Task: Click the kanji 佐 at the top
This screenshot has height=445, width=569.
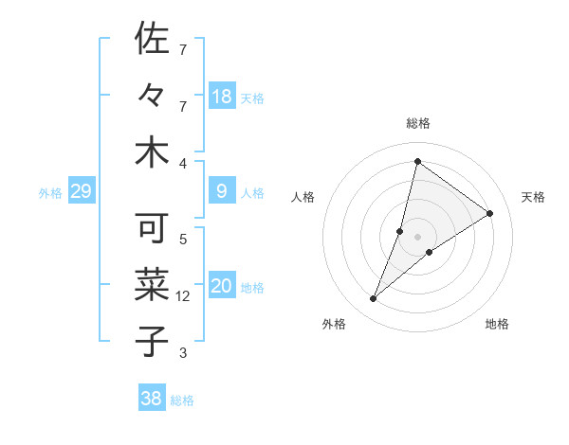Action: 152,40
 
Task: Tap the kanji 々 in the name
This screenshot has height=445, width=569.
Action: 152,97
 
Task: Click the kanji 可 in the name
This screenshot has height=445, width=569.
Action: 152,228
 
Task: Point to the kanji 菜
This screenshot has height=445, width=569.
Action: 152,285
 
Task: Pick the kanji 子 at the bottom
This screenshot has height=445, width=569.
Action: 152,341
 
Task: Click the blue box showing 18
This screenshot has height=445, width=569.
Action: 222,97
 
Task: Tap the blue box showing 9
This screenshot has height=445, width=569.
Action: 222,192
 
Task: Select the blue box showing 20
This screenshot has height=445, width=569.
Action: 222,287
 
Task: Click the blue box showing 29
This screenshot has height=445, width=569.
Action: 81,192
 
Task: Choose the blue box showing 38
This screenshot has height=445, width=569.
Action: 152,399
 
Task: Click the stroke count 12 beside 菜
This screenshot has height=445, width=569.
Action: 183,296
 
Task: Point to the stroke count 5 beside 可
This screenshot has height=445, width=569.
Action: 183,240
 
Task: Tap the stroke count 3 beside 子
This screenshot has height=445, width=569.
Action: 183,353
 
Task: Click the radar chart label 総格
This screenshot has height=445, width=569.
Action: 417,123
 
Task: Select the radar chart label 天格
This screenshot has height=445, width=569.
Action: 533,197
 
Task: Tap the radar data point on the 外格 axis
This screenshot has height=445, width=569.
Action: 374,299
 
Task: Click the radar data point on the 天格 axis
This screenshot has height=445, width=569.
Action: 490,214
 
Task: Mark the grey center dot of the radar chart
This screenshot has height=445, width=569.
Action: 417,237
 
